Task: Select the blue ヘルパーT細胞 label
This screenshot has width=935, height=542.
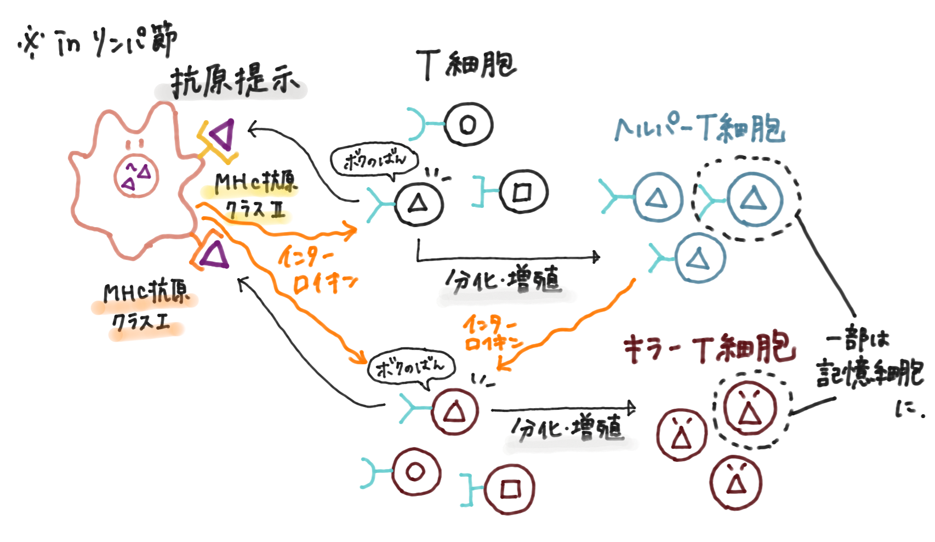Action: point(699,129)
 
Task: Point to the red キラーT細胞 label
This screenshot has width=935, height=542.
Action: point(709,348)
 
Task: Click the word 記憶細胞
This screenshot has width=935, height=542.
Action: point(869,374)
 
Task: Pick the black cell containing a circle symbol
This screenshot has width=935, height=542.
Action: point(468,125)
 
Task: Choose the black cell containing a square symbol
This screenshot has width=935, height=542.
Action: point(522,191)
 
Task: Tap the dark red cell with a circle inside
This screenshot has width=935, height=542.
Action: point(416,472)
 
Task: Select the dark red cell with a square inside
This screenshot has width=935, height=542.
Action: point(510,489)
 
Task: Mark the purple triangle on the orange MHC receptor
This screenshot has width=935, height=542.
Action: point(214,255)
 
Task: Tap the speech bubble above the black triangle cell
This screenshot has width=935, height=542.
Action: point(374,161)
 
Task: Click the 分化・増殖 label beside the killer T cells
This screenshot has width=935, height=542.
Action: point(567,428)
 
